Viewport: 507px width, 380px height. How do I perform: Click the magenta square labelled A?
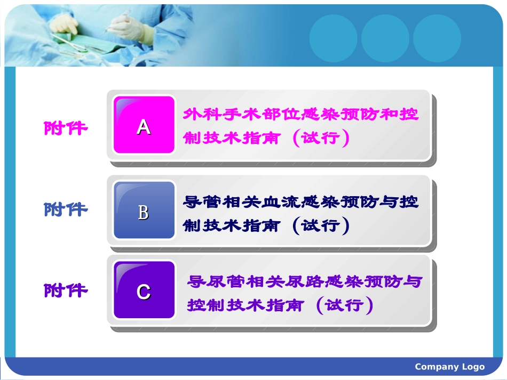click(x=144, y=125)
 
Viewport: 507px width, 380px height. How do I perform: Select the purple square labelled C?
click(x=144, y=290)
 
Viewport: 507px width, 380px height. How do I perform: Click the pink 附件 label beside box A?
click(x=66, y=128)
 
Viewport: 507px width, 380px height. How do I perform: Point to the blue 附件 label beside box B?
click(x=66, y=209)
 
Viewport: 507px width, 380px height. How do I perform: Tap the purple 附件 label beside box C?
click(x=66, y=290)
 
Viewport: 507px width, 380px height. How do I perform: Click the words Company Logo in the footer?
click(x=449, y=367)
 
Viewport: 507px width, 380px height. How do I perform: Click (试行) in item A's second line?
click(x=321, y=138)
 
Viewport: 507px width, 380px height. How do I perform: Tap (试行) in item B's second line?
click(x=321, y=225)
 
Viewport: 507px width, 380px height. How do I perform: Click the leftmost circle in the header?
click(x=333, y=37)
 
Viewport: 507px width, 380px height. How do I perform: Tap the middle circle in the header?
click(x=385, y=37)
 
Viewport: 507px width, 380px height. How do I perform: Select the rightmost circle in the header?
click(x=437, y=37)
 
